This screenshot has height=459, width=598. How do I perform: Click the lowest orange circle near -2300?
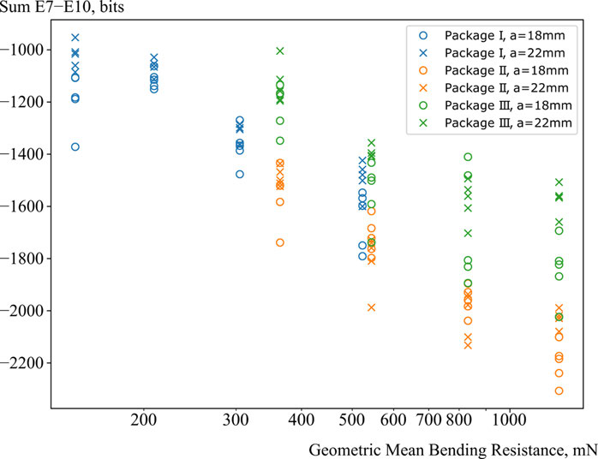[x=559, y=391]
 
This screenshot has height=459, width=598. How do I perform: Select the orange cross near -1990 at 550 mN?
[x=372, y=307]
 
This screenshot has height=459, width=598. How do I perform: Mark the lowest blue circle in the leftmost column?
[x=75, y=147]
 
